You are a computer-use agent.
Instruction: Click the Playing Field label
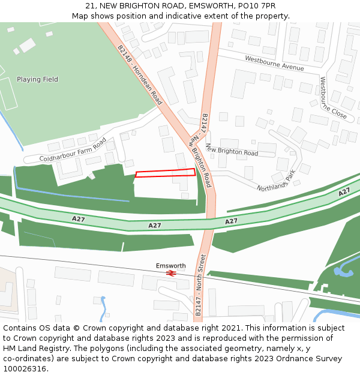(x=37, y=79)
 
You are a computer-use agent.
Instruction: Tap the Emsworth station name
(x=171, y=266)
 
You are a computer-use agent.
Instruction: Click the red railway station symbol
(x=171, y=274)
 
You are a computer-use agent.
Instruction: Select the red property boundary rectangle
(x=166, y=173)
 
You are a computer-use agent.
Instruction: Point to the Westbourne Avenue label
(x=274, y=63)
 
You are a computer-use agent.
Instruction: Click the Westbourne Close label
(x=333, y=97)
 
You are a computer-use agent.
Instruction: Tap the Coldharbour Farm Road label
(x=73, y=150)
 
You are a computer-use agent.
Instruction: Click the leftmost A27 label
(x=78, y=219)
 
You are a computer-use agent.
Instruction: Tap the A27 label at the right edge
(x=344, y=192)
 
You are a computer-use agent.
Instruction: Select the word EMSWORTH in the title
(x=210, y=6)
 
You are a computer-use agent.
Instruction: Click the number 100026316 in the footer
(x=23, y=368)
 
